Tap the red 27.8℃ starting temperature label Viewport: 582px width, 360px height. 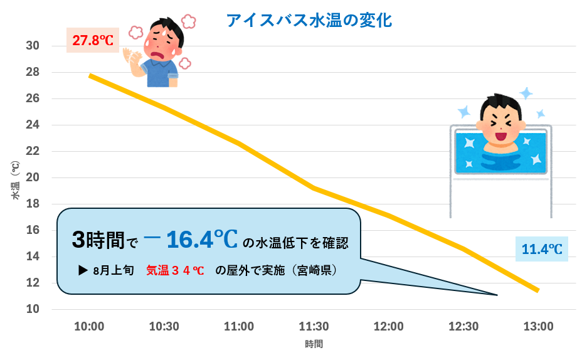93,41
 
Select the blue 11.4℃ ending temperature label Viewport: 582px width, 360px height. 541,250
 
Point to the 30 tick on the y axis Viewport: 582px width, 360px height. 33,46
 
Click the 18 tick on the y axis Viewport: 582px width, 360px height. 33,204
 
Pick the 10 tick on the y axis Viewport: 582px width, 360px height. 33,309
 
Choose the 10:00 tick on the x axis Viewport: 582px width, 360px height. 89,327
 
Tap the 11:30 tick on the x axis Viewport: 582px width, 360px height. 314,327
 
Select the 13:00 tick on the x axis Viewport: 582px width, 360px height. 538,327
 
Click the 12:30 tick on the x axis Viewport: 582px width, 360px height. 463,327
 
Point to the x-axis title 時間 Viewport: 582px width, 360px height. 314,344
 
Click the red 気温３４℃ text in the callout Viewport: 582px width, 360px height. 175,271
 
